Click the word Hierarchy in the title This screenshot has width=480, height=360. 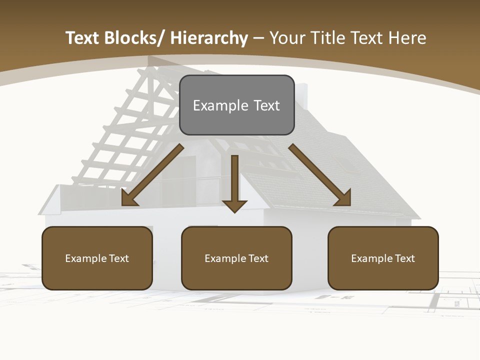[x=209, y=38]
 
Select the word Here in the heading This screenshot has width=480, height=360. [x=408, y=38]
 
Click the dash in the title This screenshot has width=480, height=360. [x=258, y=38]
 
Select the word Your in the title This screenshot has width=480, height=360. [x=287, y=38]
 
